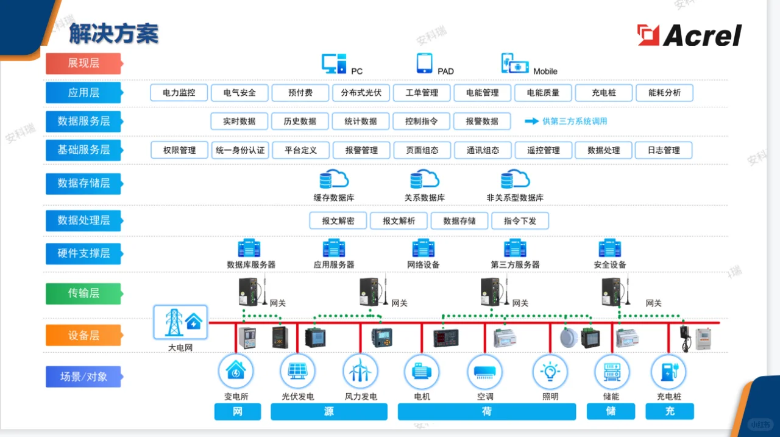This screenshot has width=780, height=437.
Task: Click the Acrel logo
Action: [x=689, y=35]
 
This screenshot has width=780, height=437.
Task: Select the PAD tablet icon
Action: [x=425, y=63]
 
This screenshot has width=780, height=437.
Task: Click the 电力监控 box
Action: [x=179, y=93]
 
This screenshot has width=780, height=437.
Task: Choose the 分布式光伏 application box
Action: [x=361, y=93]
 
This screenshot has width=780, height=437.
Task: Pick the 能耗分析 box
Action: [x=664, y=93]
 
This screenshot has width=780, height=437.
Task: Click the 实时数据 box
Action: [x=239, y=121]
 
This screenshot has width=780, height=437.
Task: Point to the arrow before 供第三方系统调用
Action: [x=531, y=121]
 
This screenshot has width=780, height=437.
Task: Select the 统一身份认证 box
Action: [x=240, y=150]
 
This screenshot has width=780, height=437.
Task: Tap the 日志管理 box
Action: [x=664, y=150]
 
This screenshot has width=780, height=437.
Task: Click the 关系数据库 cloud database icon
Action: [x=424, y=179]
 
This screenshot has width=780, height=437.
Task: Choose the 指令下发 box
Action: [x=520, y=221]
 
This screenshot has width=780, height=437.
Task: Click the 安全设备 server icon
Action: [x=609, y=248]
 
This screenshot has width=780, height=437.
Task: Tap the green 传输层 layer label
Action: [x=83, y=294]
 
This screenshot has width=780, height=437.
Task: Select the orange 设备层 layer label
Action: [x=83, y=335]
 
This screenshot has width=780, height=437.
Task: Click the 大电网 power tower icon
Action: [x=180, y=322]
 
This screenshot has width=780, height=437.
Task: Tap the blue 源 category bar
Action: [x=329, y=412]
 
